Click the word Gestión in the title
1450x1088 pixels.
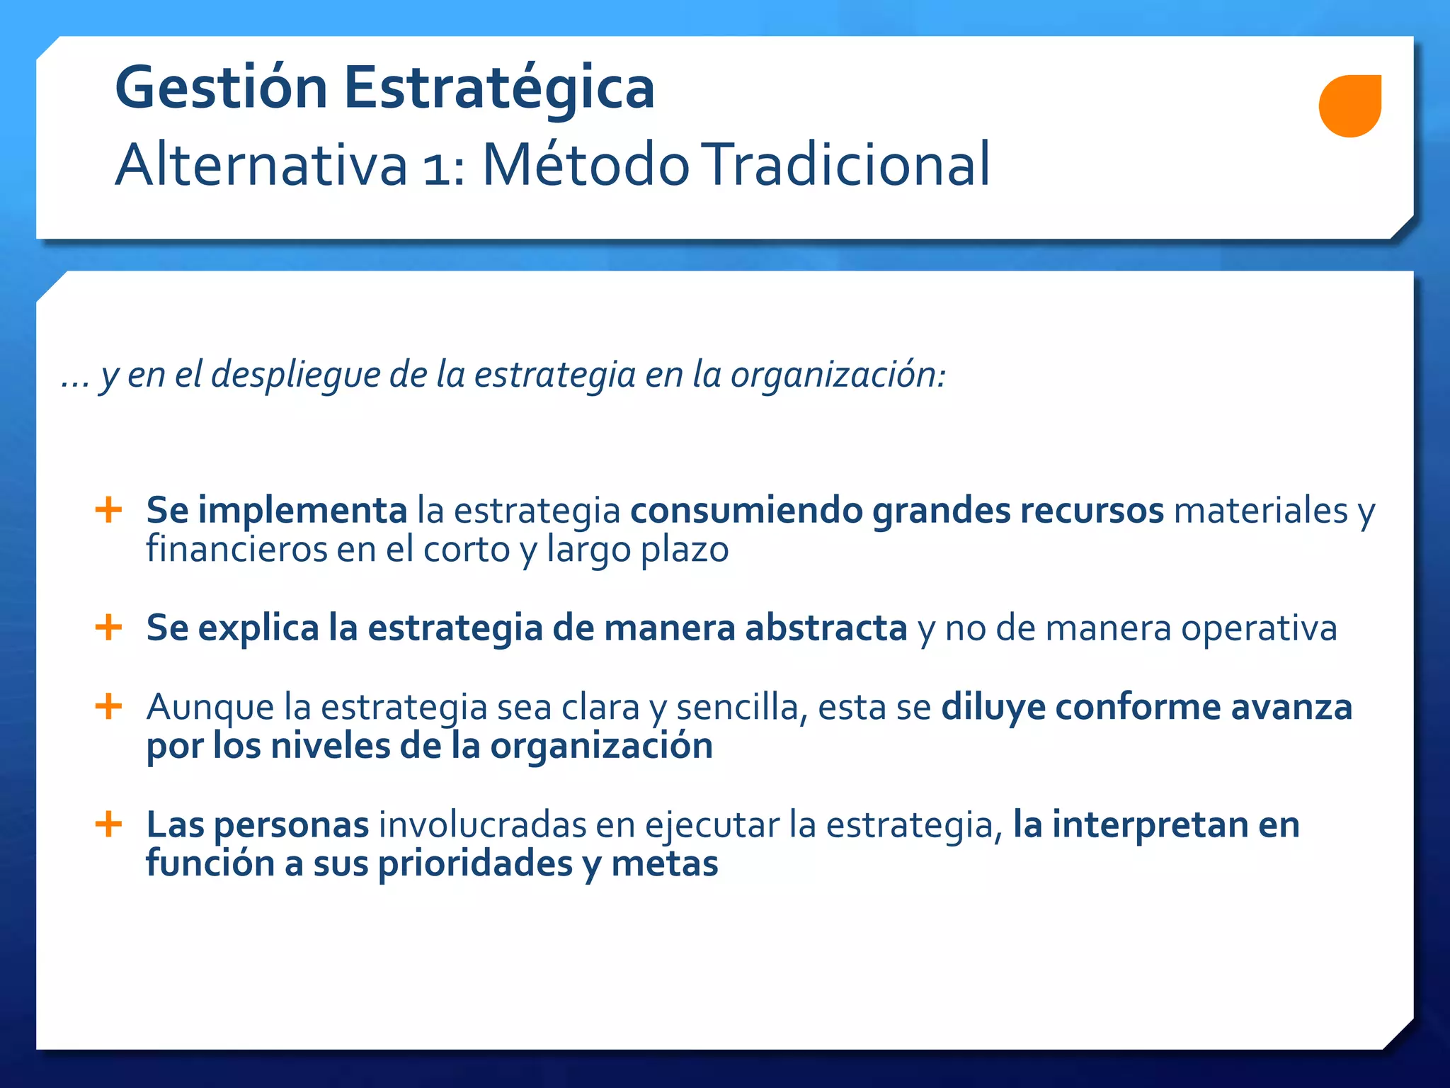pyautogui.click(x=220, y=89)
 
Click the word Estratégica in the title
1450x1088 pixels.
pyautogui.click(x=499, y=89)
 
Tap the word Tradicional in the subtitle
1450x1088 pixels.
pyautogui.click(x=848, y=164)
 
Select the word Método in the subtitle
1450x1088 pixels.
pyautogui.click(x=586, y=164)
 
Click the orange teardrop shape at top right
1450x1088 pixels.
pyautogui.click(x=1349, y=106)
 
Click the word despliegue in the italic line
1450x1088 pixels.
pyautogui.click(x=295, y=375)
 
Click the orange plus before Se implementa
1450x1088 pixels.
pyautogui.click(x=108, y=509)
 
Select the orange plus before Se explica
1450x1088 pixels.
pyautogui.click(x=108, y=627)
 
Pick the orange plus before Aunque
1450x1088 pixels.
pyautogui.click(x=108, y=706)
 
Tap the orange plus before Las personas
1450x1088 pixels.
pyautogui.click(x=108, y=824)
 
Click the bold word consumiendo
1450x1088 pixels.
pyautogui.click(x=746, y=510)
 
